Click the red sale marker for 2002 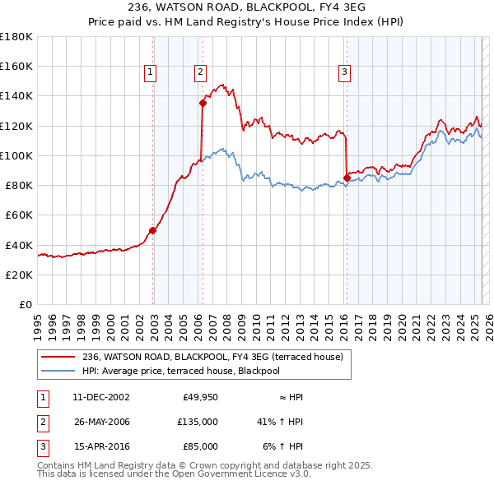[x=153, y=230]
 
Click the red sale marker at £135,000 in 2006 [x=203, y=103]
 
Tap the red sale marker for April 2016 [x=347, y=178]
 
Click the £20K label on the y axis [x=19, y=275]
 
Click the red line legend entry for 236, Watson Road [x=217, y=356]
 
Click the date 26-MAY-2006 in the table [x=101, y=422]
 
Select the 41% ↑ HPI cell [x=280, y=422]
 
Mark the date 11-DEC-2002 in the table [x=101, y=397]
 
